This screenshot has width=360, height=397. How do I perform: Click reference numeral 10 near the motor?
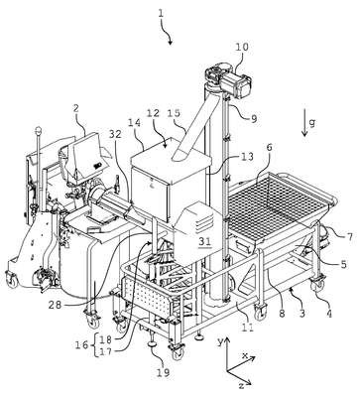pos(242,47)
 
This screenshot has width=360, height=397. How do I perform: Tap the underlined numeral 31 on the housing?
pos(205,242)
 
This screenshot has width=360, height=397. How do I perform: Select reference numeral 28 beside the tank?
pos(55,305)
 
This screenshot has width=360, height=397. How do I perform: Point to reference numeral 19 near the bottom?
pos(163,372)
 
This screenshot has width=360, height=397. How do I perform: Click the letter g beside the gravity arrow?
pos(311,123)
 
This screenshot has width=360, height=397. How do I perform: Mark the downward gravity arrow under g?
pos(304,128)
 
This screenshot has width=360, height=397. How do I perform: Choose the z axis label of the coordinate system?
pos(242,386)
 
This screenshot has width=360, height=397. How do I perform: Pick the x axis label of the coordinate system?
pos(245,355)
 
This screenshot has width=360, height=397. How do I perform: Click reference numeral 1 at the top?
pos(161,14)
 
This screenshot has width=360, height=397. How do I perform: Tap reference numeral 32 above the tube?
pos(115,135)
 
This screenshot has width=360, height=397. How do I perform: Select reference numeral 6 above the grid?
pos(270,147)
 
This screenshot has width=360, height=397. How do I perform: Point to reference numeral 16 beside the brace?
pos(82,345)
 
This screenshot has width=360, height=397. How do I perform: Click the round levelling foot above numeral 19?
pos(154,344)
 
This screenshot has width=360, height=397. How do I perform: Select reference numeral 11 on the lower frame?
pos(248,328)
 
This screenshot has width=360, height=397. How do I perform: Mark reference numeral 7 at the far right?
pos(349,236)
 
